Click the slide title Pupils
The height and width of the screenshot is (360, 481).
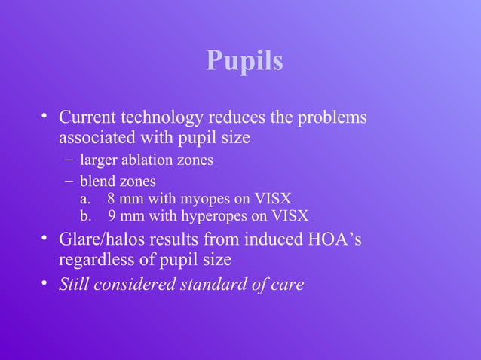[x=244, y=62]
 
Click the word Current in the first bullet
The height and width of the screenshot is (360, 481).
[x=85, y=118]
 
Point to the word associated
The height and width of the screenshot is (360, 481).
[x=93, y=138]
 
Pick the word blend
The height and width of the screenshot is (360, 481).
[x=98, y=181]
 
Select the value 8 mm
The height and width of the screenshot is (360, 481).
[x=121, y=199]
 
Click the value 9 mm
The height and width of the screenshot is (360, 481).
[x=122, y=216]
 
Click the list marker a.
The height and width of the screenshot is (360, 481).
[x=84, y=199]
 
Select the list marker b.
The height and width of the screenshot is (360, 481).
[x=84, y=216]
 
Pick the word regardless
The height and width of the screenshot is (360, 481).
[x=93, y=260]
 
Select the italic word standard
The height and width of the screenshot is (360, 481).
[x=213, y=285]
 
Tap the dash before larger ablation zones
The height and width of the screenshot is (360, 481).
[x=69, y=159]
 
